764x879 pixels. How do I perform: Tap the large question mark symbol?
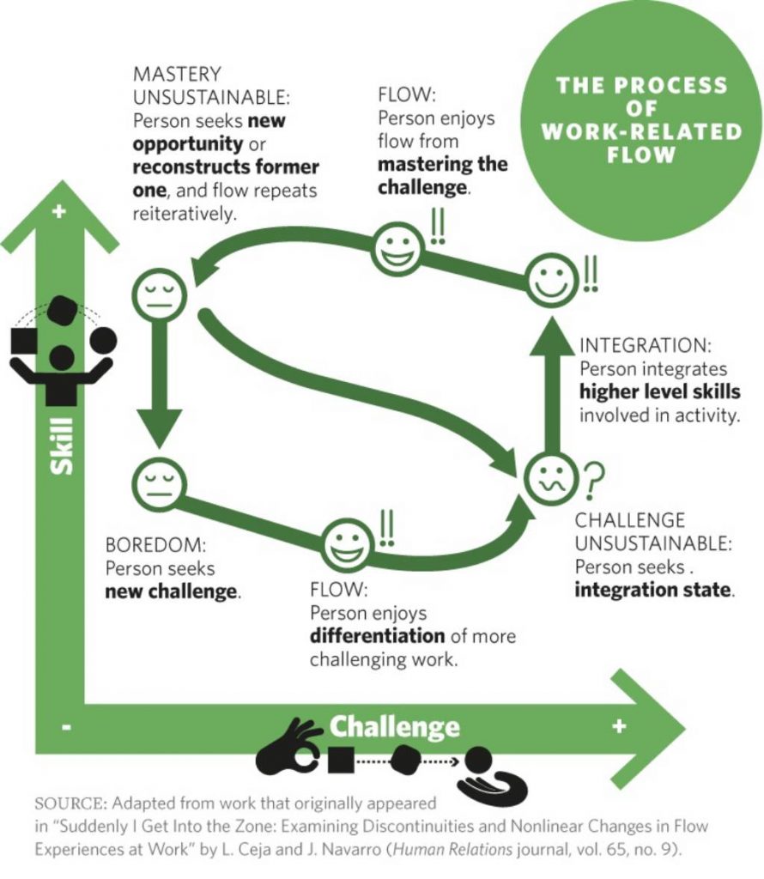[x=593, y=480]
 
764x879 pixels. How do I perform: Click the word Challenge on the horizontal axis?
[x=395, y=727]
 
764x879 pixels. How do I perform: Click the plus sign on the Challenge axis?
[x=618, y=727]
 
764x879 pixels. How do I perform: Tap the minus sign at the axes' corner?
[x=68, y=728]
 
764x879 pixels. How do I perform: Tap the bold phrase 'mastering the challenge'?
[x=442, y=174]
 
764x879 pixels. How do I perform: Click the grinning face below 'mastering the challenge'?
[x=397, y=249]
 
